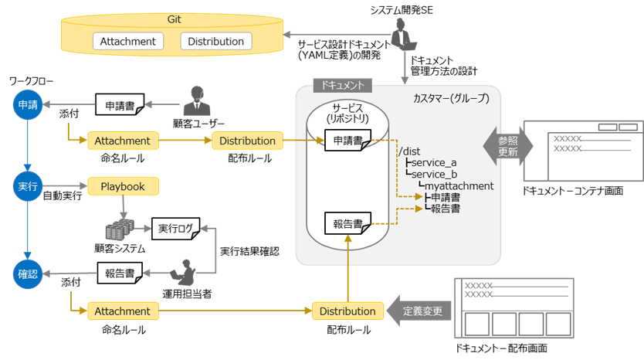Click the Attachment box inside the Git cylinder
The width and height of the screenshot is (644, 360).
128,41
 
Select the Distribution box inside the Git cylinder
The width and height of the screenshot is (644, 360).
216,41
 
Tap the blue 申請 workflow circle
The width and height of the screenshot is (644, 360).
28,105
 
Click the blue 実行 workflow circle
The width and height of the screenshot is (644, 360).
28,186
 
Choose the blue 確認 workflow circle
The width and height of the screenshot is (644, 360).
28,273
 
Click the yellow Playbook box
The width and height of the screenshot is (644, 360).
124,186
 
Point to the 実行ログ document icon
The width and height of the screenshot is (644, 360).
176,229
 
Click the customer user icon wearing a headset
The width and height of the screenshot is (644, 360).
197,101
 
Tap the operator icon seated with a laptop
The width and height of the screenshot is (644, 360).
183,273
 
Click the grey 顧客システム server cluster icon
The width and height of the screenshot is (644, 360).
120,229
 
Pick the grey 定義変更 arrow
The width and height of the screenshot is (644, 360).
419,311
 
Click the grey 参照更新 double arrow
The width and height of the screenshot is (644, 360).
508,146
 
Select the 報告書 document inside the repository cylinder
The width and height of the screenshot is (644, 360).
348,223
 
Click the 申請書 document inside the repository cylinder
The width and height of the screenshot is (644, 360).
348,140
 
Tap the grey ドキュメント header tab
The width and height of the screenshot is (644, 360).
343,85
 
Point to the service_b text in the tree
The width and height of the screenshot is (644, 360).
434,175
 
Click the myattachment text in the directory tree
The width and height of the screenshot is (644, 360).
459,185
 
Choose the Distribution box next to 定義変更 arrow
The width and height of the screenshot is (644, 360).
348,311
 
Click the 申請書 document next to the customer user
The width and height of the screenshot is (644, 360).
120,104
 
